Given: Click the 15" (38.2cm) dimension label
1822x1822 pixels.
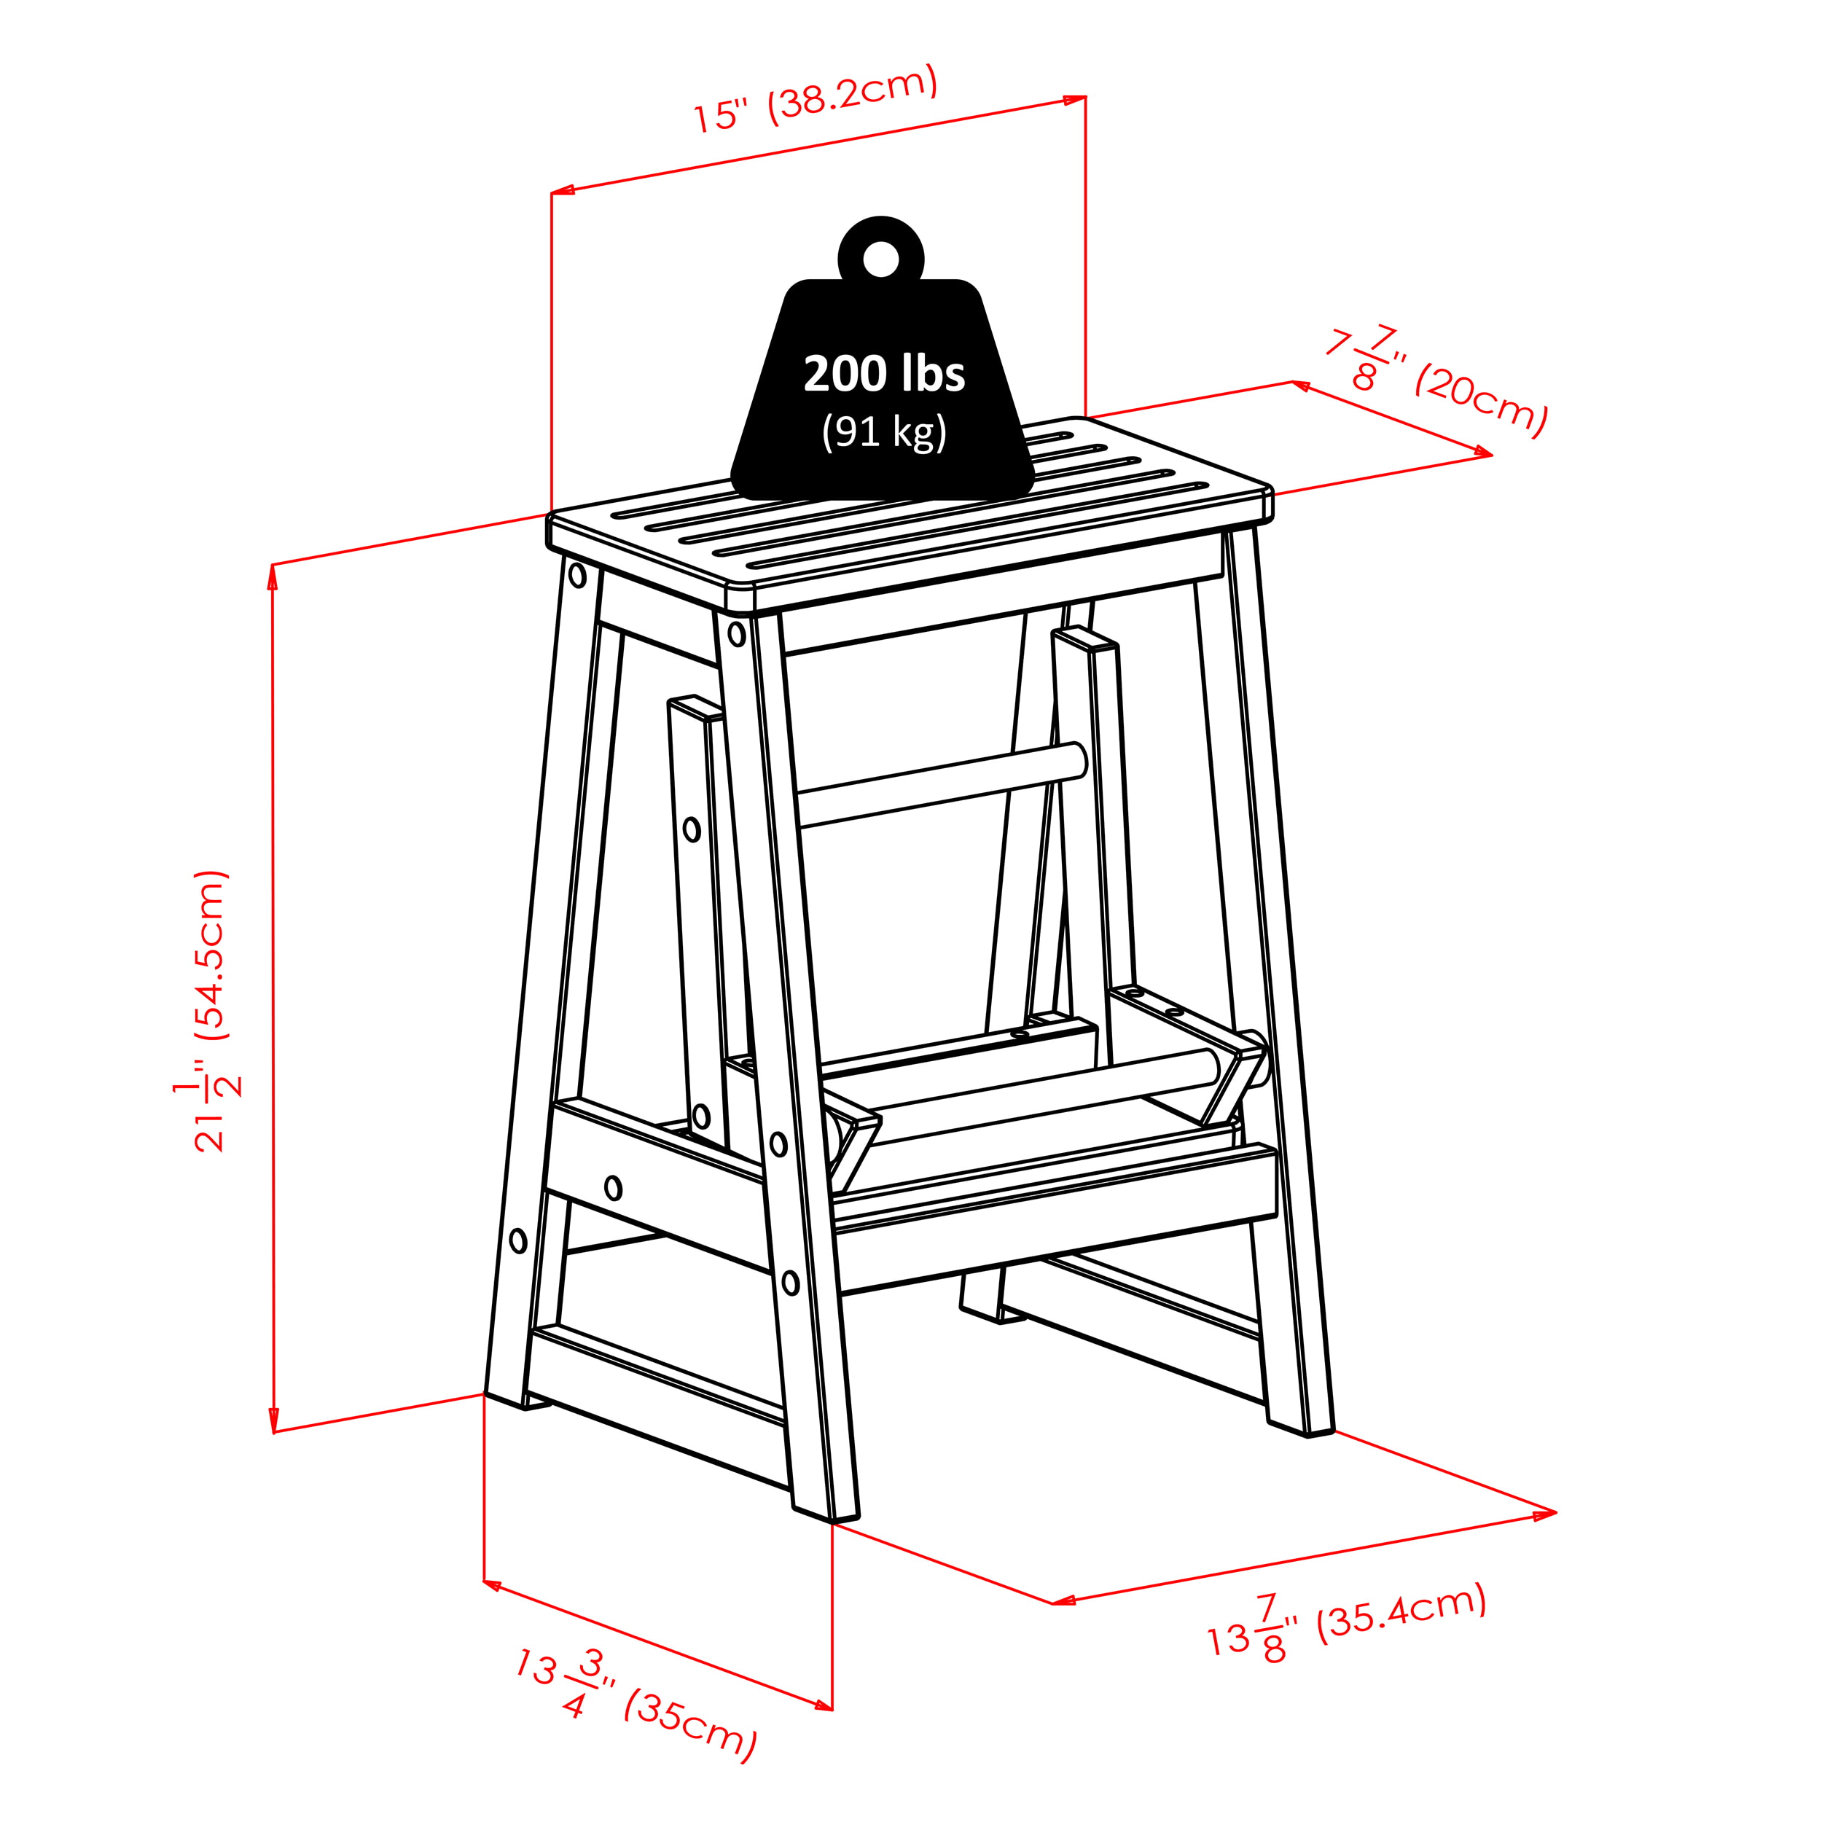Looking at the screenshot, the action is [816, 98].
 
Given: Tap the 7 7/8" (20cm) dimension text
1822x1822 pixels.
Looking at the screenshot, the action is [1437, 382].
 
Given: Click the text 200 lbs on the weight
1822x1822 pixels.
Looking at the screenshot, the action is [883, 373].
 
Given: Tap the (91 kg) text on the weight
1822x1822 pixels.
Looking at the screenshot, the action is [883, 432].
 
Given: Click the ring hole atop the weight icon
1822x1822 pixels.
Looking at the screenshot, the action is [881, 259].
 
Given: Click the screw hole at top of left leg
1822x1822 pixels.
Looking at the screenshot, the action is [577, 575].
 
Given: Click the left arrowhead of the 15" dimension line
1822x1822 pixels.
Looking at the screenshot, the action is [562, 192].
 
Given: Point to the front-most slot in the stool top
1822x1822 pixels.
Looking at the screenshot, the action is [976, 526].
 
